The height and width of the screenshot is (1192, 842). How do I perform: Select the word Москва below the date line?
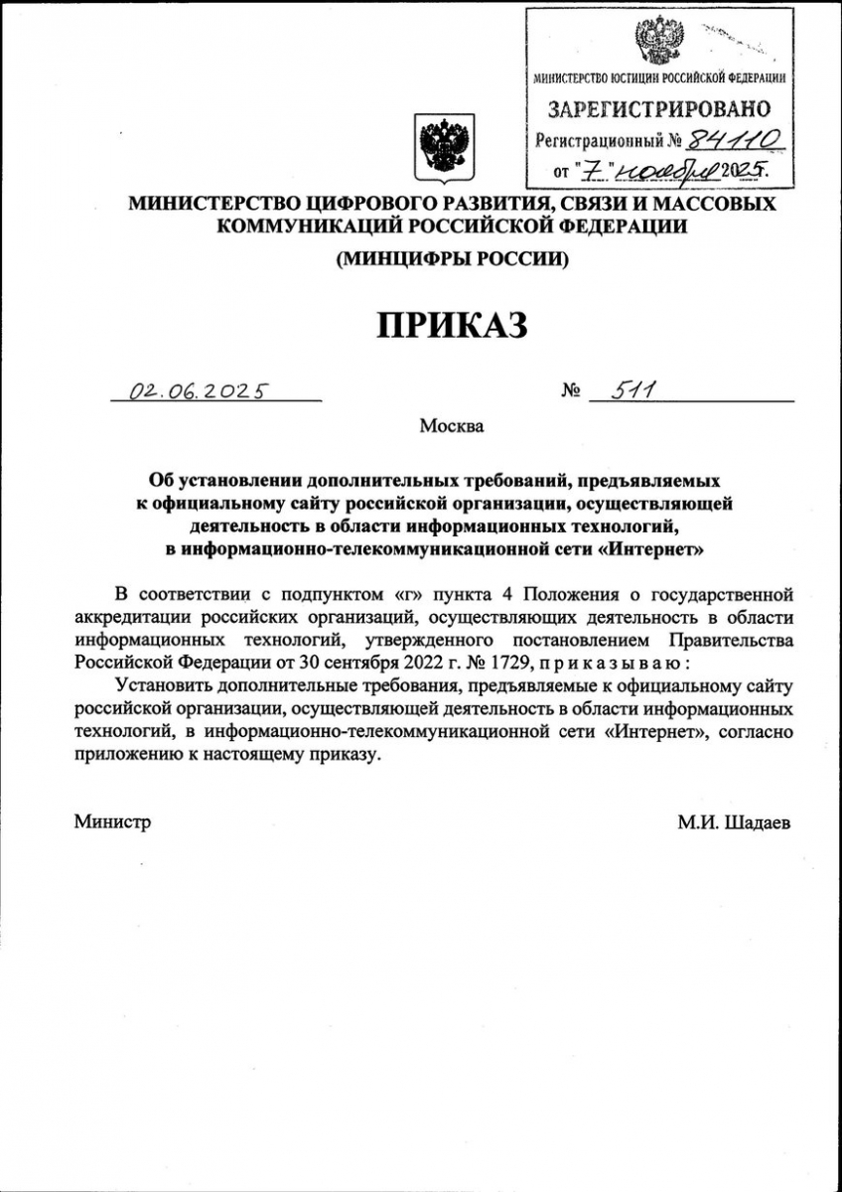pyautogui.click(x=452, y=427)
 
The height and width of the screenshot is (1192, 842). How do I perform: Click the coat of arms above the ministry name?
pyautogui.click(x=444, y=146)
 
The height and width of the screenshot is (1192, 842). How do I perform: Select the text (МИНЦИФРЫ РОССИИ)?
pyautogui.click(x=452, y=259)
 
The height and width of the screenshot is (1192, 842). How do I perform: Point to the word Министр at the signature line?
pyautogui.click(x=112, y=822)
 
